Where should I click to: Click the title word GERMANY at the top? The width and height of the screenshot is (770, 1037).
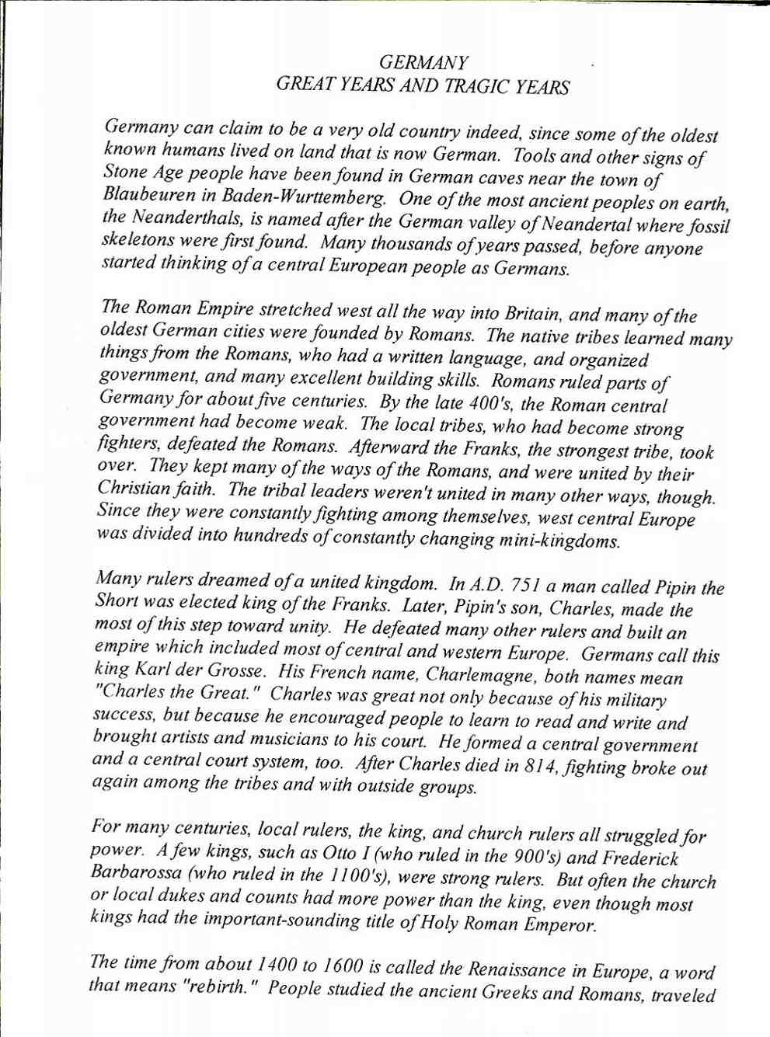click(423, 63)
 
